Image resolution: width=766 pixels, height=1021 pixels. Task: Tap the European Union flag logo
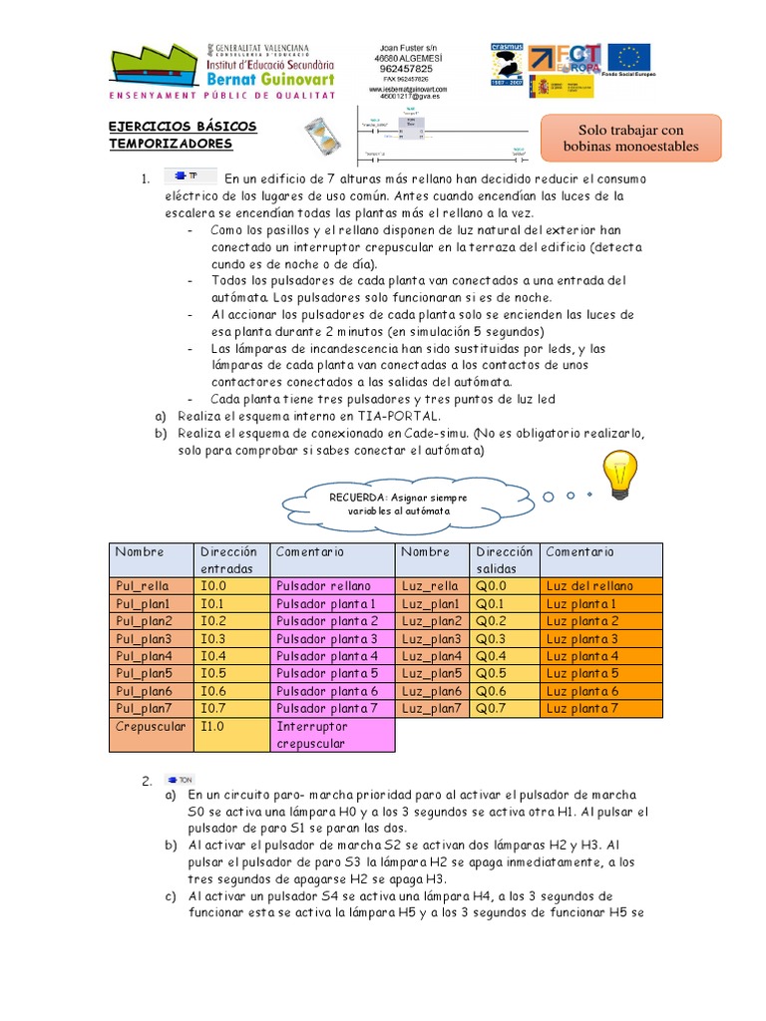click(628, 60)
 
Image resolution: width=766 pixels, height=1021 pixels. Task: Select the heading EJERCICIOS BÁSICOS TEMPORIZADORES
click(183, 136)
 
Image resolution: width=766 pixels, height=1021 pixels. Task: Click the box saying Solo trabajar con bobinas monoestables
click(629, 139)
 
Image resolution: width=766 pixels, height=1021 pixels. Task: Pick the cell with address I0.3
click(232, 638)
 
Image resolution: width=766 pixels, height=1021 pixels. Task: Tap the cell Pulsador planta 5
click(333, 673)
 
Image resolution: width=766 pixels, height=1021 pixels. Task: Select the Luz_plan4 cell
click(433, 656)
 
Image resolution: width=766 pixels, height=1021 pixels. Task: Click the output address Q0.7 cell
click(505, 708)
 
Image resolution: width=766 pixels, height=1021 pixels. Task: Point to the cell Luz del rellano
click(599, 585)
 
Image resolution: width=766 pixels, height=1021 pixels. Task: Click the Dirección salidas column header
click(505, 559)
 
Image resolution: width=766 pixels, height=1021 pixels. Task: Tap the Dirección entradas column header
click(232, 559)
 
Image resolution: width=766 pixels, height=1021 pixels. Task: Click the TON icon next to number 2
click(181, 780)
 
